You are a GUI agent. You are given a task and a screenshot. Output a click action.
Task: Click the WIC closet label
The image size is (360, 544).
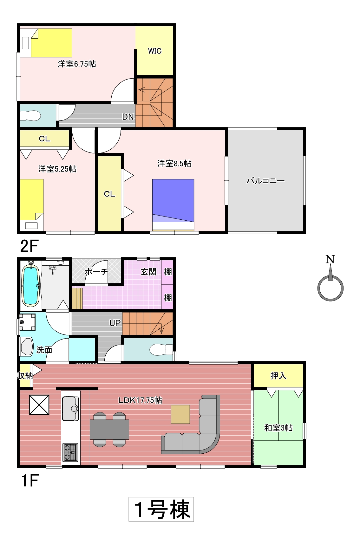coord(155,51)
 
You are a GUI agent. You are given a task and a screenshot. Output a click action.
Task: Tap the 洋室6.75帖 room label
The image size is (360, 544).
coord(77,64)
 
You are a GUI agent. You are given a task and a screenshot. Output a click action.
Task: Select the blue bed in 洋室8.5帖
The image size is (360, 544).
coord(173,204)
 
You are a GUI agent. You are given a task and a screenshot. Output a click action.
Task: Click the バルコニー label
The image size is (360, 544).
coord(266,181)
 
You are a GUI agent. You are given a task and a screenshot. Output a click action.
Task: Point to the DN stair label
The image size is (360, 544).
coord(128,117)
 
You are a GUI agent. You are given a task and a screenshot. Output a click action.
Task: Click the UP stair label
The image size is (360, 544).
coord(115,323)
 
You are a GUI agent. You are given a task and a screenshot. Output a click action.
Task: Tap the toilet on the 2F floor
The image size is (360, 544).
coord(30,115)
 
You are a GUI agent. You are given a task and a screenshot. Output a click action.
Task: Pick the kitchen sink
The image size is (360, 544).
coord(70,409)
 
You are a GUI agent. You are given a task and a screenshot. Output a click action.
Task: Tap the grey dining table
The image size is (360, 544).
coord(109,429)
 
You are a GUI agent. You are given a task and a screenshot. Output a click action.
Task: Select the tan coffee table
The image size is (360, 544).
coord(180,414)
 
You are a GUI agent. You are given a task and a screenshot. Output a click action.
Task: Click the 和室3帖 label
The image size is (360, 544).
coord(278,428)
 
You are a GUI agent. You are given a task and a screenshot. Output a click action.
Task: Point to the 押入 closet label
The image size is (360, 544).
coord(278,376)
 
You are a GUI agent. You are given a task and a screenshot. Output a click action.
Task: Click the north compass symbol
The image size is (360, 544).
coord(331,278)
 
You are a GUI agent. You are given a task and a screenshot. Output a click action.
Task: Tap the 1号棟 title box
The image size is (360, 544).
coord(161,509)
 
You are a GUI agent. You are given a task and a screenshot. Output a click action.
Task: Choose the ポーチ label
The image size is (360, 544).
coord(97,272)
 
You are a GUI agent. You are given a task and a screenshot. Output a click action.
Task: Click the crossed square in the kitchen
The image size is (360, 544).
coord(39,405)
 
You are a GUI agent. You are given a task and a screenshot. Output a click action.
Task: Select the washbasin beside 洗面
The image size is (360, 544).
coord(27,347)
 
